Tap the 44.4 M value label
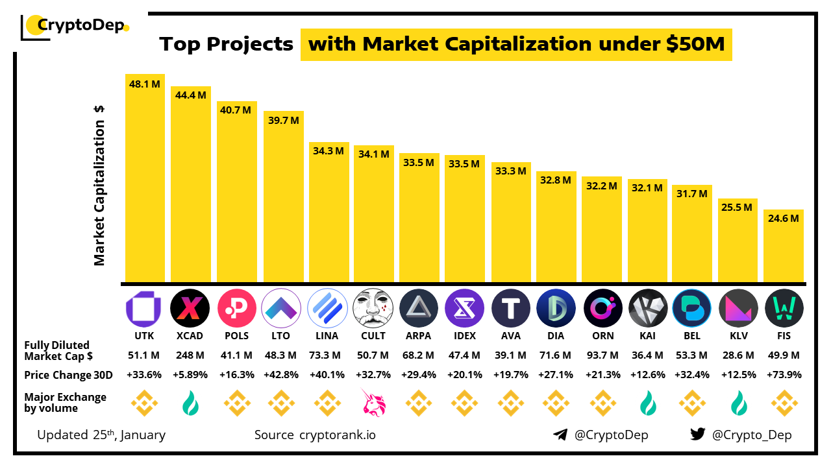pos(191,95)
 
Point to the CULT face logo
pos(373,307)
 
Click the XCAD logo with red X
pos(190,307)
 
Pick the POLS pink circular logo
pos(237,307)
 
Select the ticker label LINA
pos(327,336)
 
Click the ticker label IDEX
pos(464,336)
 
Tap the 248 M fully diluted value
pos(190,355)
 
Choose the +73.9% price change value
pos(784,375)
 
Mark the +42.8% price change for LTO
pos(282,375)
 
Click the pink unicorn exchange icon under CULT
pos(373,403)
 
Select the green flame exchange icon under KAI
pos(648,403)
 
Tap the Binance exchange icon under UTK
pos(144,403)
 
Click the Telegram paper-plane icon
pos(560,435)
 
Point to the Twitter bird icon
pos(697,435)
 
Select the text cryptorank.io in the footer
pos(337,435)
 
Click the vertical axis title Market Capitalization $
pos(99,185)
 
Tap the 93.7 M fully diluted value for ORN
pos(601,355)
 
